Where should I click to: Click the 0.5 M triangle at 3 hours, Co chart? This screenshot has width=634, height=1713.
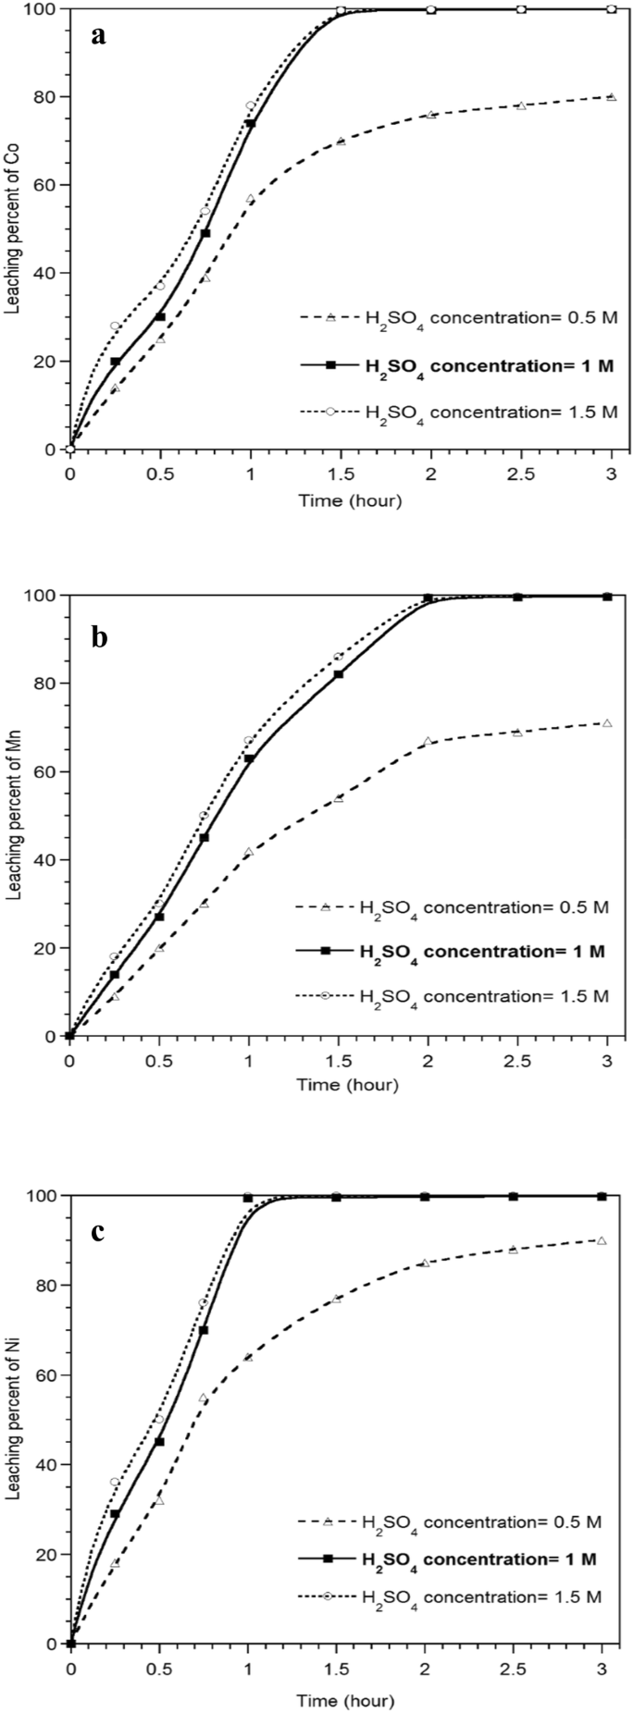click(611, 96)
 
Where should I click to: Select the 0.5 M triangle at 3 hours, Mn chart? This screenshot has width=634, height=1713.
click(607, 722)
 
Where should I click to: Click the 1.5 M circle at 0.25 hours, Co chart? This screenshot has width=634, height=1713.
click(115, 326)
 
